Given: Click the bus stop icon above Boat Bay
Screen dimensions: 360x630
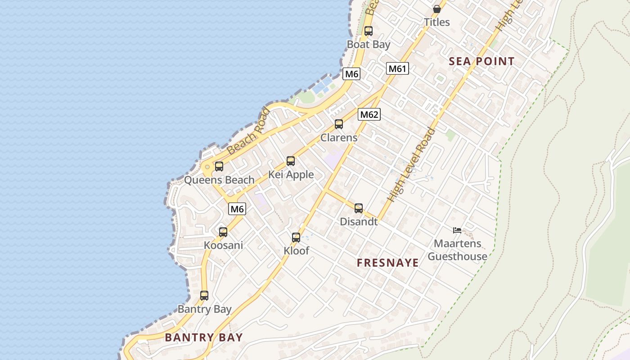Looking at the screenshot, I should tap(369, 31).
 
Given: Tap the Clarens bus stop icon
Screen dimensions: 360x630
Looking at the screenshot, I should tap(339, 124).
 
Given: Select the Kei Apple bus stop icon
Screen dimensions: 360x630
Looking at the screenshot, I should tap(291, 161).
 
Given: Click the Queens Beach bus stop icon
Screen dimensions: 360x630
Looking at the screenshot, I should tap(219, 166).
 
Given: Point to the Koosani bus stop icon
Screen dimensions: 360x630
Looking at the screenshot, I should tap(223, 232).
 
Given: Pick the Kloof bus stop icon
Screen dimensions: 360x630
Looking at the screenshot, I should tap(296, 238).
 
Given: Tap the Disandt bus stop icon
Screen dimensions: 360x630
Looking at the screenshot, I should tap(359, 208).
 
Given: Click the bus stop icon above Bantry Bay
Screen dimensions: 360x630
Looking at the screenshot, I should tap(204, 296).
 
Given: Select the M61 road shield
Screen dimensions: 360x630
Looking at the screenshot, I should tap(397, 68).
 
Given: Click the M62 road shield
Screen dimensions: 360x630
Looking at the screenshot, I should tap(369, 114).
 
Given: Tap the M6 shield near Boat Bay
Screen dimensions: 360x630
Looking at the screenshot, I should tap(351, 74).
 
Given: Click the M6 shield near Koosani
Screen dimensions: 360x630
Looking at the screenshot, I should tap(237, 208).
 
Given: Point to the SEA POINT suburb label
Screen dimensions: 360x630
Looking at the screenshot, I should tap(481, 62).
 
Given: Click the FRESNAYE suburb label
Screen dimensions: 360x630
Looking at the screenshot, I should tap(388, 263).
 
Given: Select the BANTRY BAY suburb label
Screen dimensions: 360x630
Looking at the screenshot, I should tap(204, 337).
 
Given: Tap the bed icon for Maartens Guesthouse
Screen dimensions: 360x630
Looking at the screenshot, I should tap(457, 230).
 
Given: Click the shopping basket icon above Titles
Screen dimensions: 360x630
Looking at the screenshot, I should tap(436, 9).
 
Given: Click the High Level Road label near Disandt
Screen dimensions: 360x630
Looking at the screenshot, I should tap(411, 165).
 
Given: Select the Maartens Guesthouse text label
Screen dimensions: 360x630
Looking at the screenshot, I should tap(457, 250).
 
